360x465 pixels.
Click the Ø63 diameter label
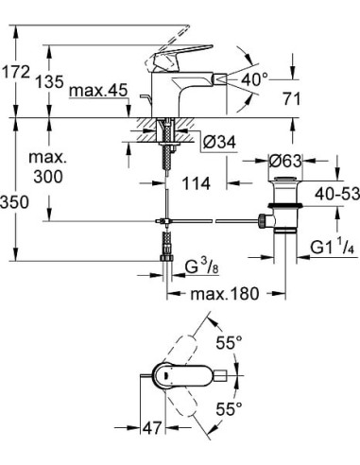click(283, 163)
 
